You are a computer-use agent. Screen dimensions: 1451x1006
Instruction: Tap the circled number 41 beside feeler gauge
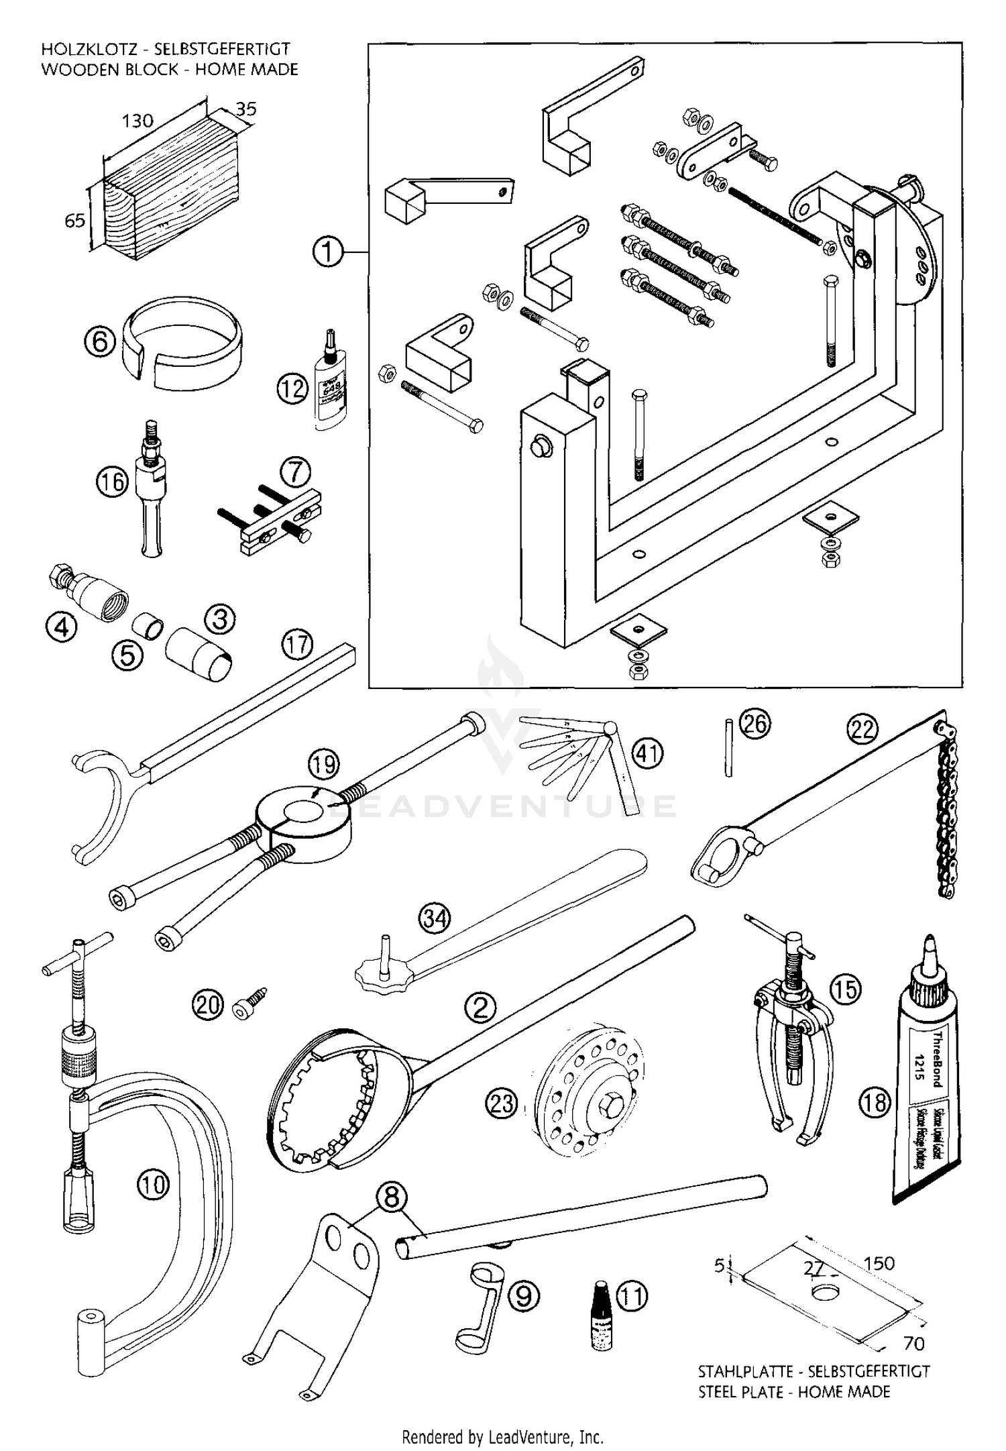(x=647, y=753)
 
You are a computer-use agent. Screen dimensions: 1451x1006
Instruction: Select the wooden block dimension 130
(x=137, y=121)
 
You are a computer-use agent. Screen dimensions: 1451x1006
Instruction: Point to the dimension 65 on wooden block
(x=74, y=220)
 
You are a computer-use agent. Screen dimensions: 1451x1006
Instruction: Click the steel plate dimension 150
(x=879, y=1263)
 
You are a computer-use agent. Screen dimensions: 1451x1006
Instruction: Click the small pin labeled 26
(x=728, y=747)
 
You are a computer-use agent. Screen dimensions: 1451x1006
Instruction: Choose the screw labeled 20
(x=249, y=1002)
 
